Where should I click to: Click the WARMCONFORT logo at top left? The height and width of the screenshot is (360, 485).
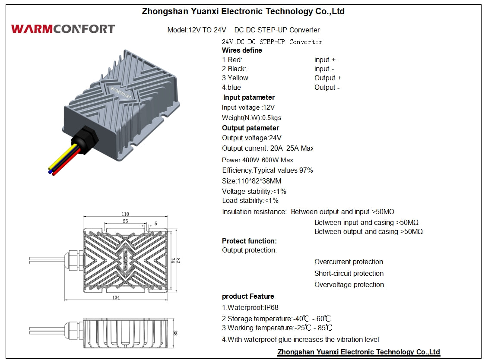63,29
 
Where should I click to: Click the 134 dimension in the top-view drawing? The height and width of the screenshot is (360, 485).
116,297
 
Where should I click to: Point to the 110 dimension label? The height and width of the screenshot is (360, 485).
125,214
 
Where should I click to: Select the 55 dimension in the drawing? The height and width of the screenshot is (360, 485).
125,221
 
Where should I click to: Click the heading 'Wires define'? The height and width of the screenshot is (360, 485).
242,50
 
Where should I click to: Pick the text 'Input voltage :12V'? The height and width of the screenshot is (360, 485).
248,107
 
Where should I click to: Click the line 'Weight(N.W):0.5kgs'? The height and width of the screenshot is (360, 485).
252,118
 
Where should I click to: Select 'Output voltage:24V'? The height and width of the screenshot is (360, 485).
252,138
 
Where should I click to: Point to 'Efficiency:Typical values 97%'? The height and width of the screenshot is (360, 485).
267,171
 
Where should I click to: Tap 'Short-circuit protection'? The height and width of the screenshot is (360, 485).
349,273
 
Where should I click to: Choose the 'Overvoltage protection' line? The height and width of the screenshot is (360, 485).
349,285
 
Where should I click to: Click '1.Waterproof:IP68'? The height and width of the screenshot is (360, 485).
250,308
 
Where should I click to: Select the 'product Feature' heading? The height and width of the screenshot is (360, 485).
248,296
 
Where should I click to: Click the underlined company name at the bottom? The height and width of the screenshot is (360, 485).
358,352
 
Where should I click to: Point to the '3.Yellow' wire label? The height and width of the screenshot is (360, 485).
235,78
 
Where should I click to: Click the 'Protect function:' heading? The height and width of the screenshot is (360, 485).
249,241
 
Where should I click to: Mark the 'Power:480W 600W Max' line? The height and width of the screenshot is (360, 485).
257,160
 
